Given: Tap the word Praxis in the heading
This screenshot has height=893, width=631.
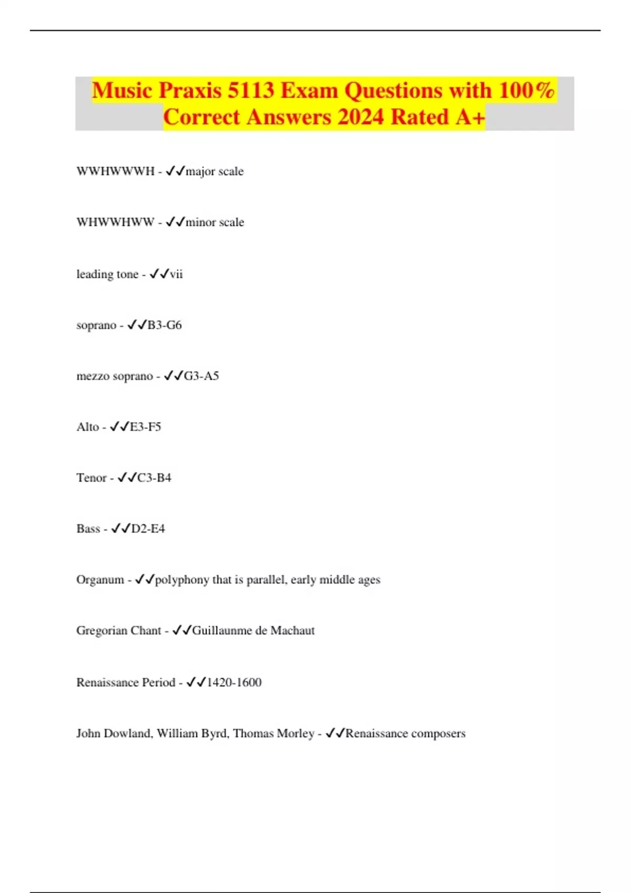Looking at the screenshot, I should [190, 90].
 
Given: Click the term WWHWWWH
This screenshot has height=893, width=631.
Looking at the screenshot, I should [116, 171].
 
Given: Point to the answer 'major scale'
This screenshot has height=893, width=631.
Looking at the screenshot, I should [215, 171].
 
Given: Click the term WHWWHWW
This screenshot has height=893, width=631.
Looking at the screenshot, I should [116, 222].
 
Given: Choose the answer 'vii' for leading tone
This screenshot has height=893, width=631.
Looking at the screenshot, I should [176, 274].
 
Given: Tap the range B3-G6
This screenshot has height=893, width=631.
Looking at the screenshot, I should [165, 325].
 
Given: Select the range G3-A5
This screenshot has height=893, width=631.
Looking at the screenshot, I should [201, 376].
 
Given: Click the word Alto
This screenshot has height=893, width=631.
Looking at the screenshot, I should [87, 427].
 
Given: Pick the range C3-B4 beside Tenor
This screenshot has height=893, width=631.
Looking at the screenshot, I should [154, 477].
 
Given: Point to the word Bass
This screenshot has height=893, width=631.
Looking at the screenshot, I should [88, 528].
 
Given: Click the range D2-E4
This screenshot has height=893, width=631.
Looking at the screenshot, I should [148, 528].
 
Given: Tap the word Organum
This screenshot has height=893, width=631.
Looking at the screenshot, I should [100, 579].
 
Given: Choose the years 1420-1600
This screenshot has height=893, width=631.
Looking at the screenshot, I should [234, 682].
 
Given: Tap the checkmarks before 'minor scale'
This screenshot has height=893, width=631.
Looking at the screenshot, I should [175, 222].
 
